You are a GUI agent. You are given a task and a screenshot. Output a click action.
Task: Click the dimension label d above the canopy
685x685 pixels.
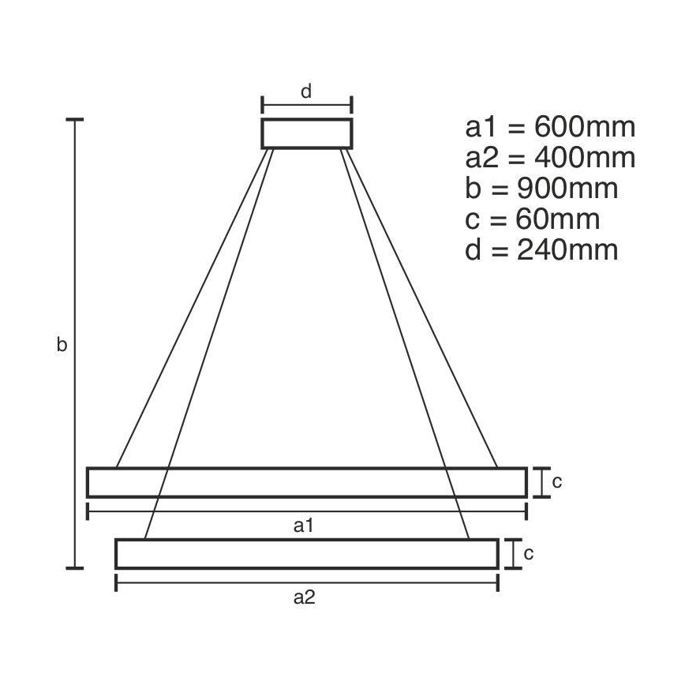pos(306,91)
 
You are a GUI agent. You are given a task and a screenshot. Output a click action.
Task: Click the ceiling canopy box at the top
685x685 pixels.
pos(306,133)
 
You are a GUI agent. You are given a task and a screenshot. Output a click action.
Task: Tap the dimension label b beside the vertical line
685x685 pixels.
pos(62,345)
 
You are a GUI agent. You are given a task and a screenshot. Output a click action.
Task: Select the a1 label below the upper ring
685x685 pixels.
pos(305,526)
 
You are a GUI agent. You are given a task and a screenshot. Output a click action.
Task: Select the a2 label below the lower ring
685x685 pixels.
pos(305,597)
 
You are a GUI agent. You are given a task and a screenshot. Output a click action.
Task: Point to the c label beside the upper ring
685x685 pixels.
pos(556,481)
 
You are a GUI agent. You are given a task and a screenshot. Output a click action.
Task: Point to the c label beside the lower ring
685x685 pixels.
pos(529,553)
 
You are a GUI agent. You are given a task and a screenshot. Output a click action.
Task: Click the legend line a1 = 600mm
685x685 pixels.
pos(550,126)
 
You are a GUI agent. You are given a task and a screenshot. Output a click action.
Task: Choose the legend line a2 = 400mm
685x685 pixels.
pos(550,157)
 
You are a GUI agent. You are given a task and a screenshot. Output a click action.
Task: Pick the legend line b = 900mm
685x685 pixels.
pos(541,189)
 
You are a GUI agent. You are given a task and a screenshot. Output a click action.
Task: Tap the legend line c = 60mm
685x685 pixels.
pos(533,219)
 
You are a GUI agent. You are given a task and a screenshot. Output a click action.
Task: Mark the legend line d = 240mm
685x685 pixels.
pos(541,250)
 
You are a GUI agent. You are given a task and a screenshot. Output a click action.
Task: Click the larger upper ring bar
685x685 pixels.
pos(306,482)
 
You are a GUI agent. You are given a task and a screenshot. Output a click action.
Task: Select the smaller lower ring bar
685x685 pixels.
pos(306,553)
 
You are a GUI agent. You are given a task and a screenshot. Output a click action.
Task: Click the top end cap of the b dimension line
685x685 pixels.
pos(75,119)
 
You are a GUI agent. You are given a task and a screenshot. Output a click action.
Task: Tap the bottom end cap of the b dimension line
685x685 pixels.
pos(75,567)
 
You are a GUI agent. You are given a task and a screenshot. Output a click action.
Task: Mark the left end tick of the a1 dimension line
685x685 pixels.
pos(87,511)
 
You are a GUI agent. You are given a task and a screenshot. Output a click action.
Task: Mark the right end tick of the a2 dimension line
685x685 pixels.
pos(497,582)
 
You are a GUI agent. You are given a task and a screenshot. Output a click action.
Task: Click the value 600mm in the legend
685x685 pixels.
pos(585,126)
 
